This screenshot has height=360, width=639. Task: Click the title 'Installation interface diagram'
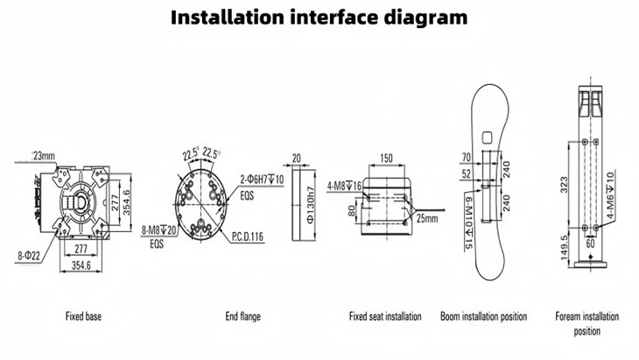319,17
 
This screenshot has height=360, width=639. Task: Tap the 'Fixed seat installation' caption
385,315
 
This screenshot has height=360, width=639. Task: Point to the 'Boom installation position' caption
483,315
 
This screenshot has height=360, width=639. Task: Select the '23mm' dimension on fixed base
42,155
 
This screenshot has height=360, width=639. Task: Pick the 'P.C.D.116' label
249,236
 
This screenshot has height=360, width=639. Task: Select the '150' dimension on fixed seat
386,159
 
